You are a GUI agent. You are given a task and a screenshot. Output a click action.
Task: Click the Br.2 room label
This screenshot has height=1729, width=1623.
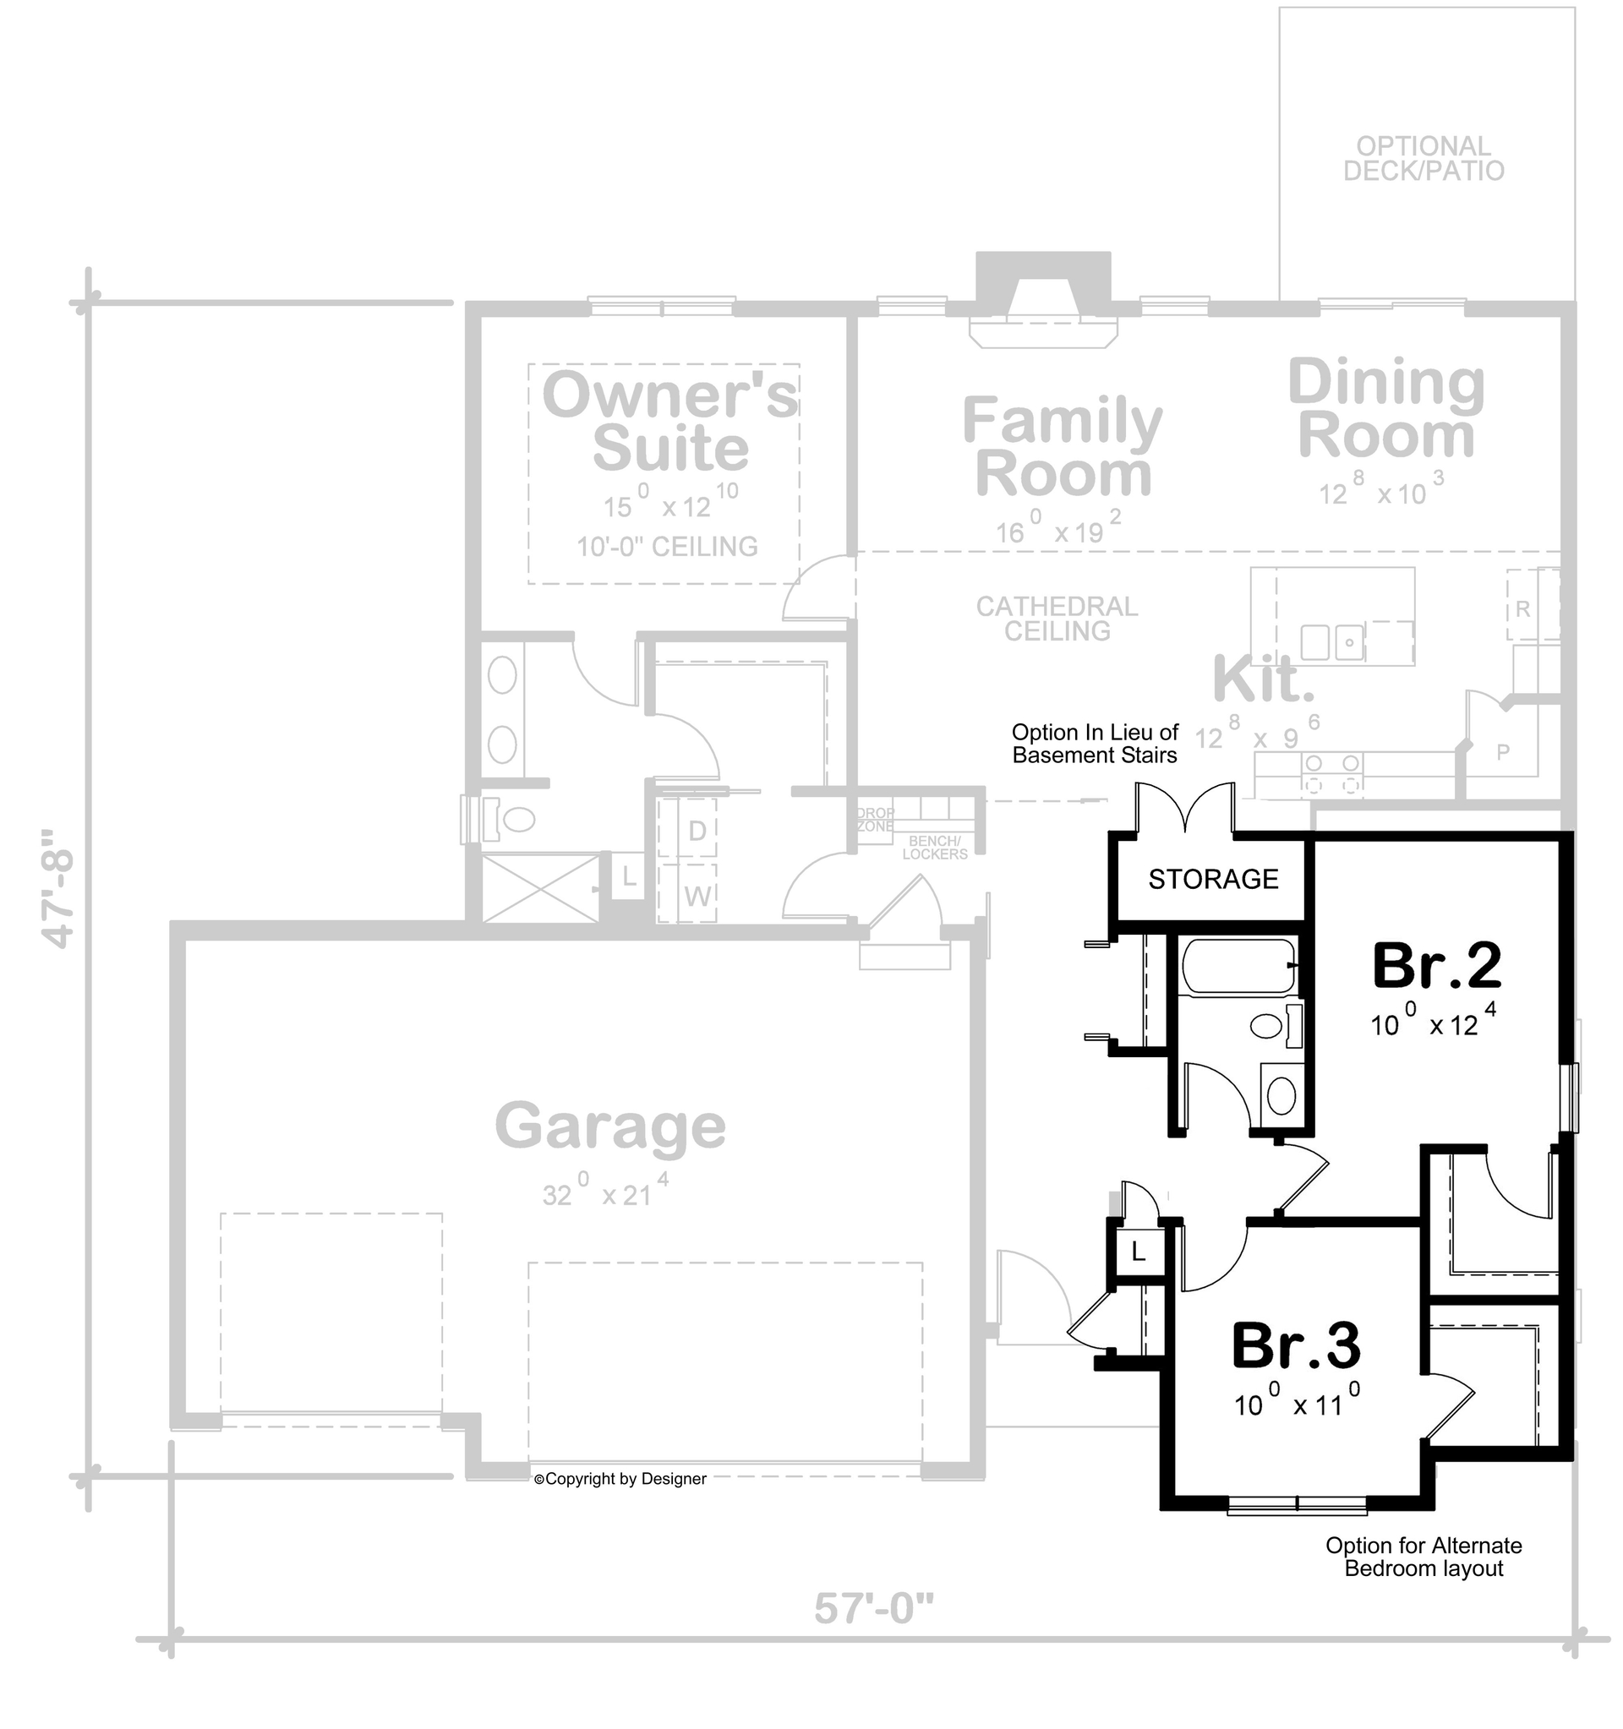pos(1436,966)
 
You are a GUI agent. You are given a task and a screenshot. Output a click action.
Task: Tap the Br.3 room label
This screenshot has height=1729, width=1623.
pos(1296,1345)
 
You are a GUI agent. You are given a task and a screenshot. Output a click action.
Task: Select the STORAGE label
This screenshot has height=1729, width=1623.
pos(1213,879)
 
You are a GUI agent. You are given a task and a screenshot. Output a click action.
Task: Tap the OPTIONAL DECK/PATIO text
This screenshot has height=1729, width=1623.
pos(1424,158)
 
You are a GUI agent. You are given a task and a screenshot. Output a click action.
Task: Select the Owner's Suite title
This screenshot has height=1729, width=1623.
pos(669,422)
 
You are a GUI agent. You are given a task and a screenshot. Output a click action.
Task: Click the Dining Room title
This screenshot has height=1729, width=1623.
pos(1386,409)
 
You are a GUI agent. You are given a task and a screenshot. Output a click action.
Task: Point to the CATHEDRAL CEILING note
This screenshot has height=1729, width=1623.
pos(1057,619)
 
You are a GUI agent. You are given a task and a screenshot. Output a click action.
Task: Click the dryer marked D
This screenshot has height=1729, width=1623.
pos(697,831)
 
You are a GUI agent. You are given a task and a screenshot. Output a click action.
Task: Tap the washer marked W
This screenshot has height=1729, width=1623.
pos(697,896)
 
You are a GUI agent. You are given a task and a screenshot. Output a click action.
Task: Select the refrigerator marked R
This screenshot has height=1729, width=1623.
pos(1523,608)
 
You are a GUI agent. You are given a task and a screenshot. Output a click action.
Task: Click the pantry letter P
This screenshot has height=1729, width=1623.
pos(1503,752)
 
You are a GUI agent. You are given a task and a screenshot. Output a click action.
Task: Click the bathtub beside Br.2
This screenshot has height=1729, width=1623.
pos(1238,966)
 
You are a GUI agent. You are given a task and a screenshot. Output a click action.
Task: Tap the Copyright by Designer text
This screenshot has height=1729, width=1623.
pos(620,1479)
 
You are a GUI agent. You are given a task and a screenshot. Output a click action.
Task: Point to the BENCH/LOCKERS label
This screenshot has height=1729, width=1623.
pos(934,848)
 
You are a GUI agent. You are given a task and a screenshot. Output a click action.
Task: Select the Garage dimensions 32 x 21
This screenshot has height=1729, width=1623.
pos(605,1193)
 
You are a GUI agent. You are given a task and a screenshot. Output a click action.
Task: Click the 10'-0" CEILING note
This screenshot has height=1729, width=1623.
pos(667,546)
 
